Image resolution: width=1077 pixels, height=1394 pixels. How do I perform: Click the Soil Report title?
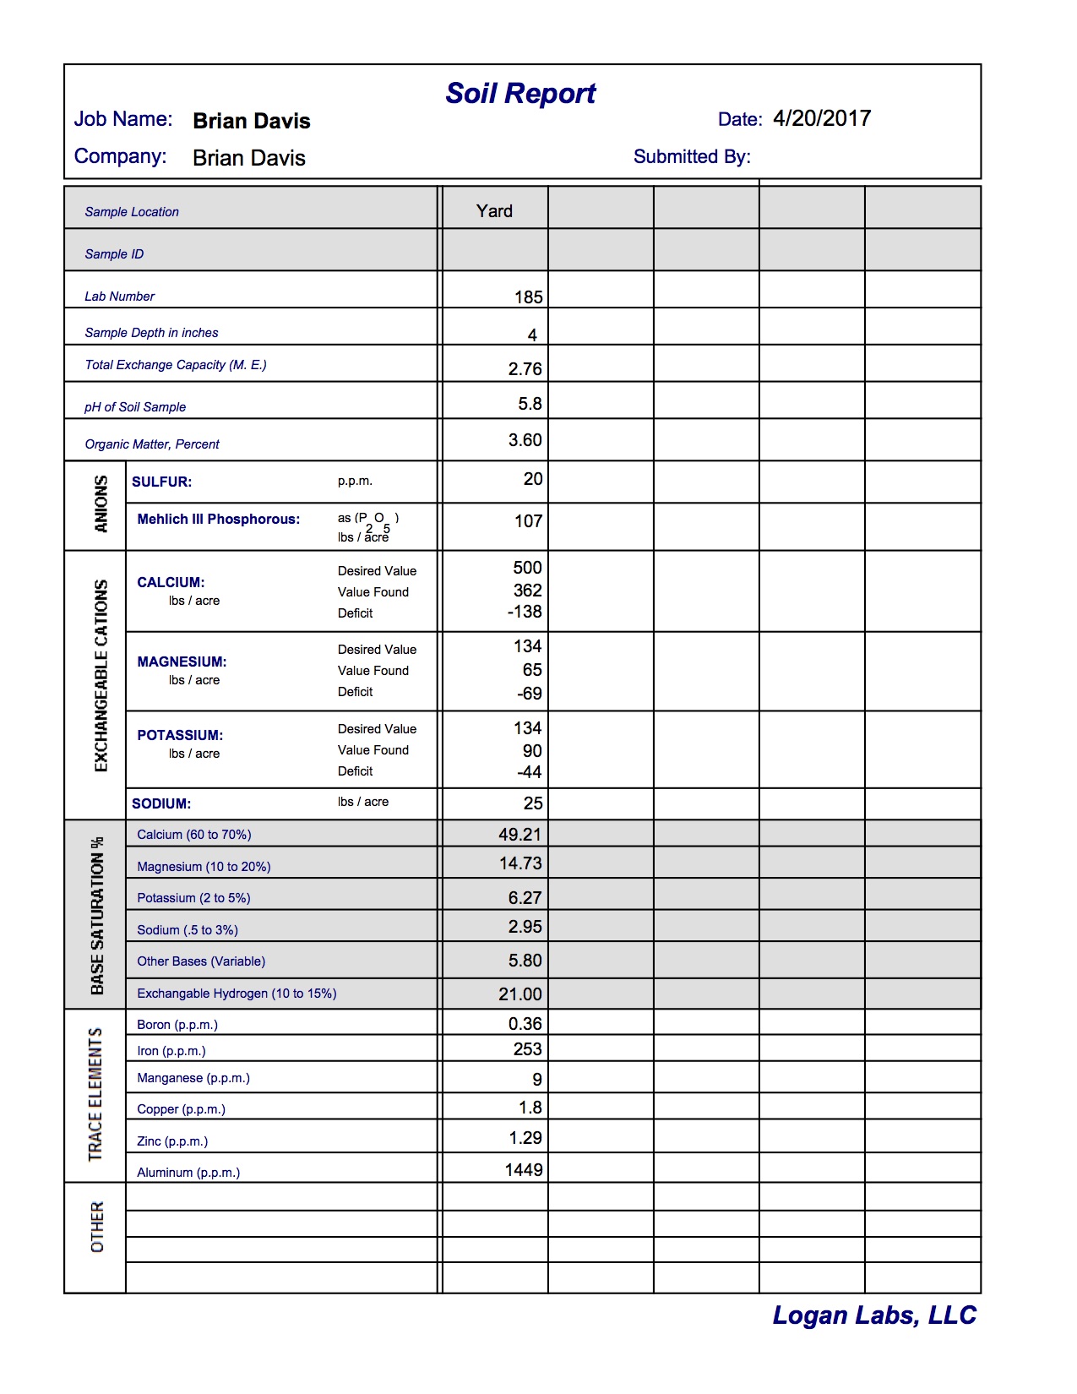(520, 93)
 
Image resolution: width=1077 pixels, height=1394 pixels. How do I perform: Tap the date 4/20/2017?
(822, 118)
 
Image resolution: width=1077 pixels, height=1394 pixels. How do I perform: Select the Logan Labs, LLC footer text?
(874, 1315)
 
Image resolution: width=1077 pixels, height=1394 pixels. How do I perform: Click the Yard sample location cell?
(494, 211)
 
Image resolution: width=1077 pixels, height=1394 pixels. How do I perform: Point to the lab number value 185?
(529, 297)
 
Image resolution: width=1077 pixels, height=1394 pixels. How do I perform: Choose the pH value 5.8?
(530, 404)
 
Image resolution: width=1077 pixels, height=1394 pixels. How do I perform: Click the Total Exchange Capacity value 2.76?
(525, 369)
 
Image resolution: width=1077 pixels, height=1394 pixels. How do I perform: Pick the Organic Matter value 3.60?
(525, 440)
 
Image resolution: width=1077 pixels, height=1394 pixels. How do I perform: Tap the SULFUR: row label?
(162, 482)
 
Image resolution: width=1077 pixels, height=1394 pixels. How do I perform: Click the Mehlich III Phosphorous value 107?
(528, 521)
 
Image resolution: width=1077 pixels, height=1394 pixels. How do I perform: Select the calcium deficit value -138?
(525, 612)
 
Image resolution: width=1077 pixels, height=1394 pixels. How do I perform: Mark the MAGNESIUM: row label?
(182, 662)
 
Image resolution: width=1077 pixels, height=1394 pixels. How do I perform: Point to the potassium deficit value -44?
(530, 772)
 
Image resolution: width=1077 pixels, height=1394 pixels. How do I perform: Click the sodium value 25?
(533, 803)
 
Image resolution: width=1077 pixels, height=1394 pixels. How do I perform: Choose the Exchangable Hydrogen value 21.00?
(520, 994)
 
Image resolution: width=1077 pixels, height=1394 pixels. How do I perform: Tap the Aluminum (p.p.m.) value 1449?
(524, 1170)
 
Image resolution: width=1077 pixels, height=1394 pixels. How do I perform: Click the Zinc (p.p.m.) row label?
(172, 1141)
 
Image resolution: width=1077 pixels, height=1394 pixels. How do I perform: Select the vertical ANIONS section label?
(101, 504)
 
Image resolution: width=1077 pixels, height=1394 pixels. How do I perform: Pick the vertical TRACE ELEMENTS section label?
(95, 1094)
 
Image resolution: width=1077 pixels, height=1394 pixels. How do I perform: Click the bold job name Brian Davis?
(252, 121)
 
